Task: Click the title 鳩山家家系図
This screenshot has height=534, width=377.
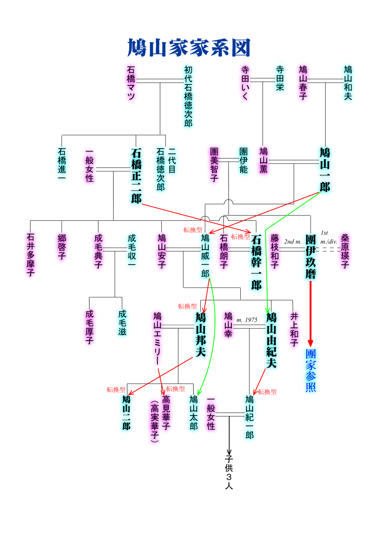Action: (188, 48)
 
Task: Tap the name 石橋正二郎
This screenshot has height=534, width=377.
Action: (136, 175)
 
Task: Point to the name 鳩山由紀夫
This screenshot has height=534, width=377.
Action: (271, 340)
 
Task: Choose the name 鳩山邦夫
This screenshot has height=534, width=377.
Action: (201, 334)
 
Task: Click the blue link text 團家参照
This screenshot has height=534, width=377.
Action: (311, 370)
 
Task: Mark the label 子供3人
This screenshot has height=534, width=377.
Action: (229, 472)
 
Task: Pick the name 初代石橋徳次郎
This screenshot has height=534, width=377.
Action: (188, 96)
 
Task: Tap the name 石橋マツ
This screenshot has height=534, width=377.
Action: (131, 83)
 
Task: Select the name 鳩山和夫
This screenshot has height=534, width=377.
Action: (348, 83)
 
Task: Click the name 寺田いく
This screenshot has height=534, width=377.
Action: (245, 83)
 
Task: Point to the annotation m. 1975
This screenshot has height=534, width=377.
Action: (247, 320)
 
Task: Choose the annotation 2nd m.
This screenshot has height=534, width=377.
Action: (292, 242)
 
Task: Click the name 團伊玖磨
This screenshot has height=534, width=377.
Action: (311, 256)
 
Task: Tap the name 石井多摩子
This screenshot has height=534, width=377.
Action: (31, 255)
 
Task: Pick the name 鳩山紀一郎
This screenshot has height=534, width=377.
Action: (249, 417)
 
